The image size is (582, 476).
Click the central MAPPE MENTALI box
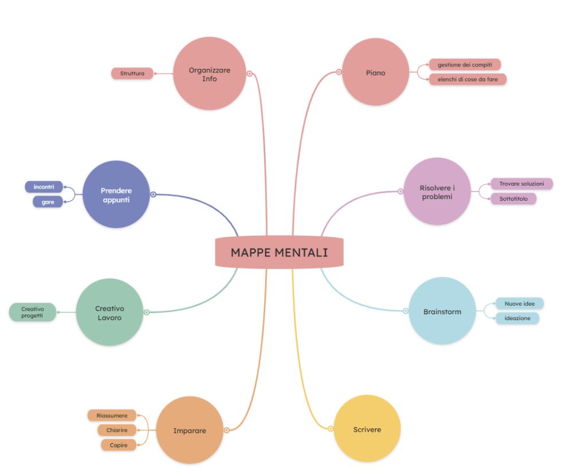pyautogui.click(x=279, y=252)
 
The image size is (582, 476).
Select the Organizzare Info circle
pyautogui.click(x=209, y=73)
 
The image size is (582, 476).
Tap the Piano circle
pyautogui.click(x=376, y=72)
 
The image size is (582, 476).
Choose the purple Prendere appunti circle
pyautogui.click(x=116, y=194)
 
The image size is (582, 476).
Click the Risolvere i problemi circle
pyautogui.click(x=437, y=192)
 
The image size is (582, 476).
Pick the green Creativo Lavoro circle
pyautogui.click(x=109, y=312)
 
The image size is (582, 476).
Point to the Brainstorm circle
pyautogui.click(x=442, y=311)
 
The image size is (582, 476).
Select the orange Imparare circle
pyautogui.click(x=190, y=430)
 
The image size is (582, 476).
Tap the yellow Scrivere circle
pyautogui.click(x=367, y=428)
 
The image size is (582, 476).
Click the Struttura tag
pyautogui.click(x=132, y=73)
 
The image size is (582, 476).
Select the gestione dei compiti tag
pyautogui.click(x=465, y=65)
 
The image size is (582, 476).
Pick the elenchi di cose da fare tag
pyautogui.click(x=467, y=79)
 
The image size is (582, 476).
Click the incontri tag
pyautogui.click(x=44, y=187)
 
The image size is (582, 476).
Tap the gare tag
pyautogui.click(x=48, y=202)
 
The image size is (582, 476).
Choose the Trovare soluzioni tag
pyautogui.click(x=521, y=184)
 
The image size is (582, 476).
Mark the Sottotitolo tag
pyautogui.click(x=513, y=199)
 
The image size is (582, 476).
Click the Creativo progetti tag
pyautogui.click(x=32, y=312)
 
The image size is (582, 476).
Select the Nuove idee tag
pyautogui.click(x=520, y=303)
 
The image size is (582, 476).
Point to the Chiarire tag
pyautogui.click(x=117, y=430)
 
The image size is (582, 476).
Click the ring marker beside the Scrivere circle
pyautogui.click(x=331, y=428)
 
